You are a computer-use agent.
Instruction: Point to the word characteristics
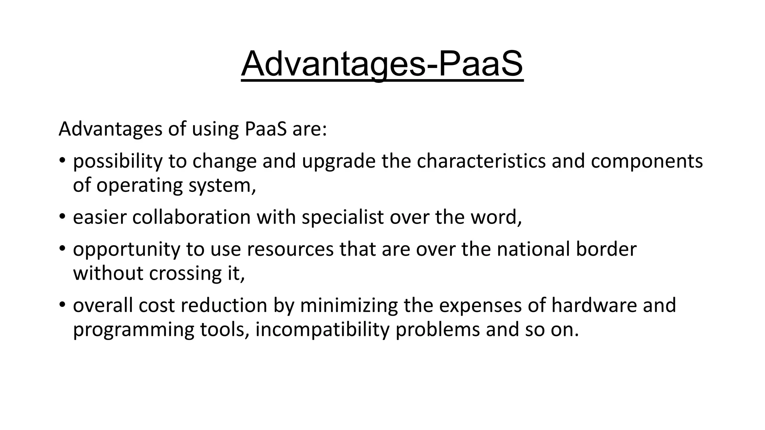coord(481,161)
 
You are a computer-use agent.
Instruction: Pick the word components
coord(647,161)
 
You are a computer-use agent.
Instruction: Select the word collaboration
coord(191,217)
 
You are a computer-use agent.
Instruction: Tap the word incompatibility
coord(322,330)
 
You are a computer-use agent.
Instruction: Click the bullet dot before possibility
coord(62,161)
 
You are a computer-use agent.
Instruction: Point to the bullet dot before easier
coord(62,216)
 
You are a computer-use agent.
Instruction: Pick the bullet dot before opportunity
coord(62,249)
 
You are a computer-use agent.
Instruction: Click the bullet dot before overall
coord(62,305)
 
